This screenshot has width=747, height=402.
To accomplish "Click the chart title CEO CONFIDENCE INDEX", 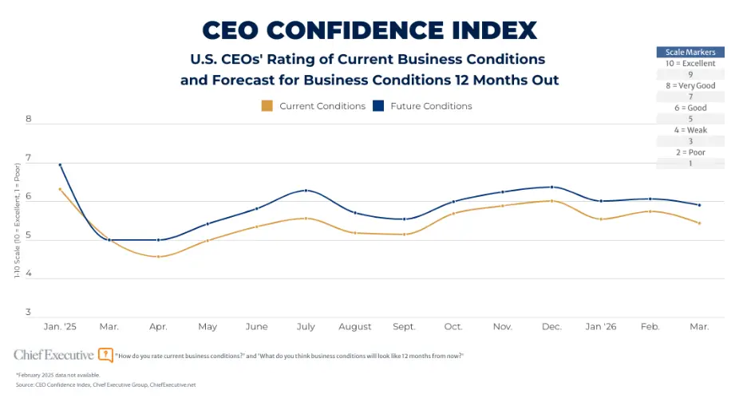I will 369,30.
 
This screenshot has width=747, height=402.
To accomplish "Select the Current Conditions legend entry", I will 313,106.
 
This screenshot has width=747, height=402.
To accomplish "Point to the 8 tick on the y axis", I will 28,120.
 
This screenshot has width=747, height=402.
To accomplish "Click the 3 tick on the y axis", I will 28,312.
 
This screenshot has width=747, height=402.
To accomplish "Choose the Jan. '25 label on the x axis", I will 61,326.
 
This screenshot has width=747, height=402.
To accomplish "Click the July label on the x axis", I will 306,326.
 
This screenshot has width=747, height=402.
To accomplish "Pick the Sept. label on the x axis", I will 405,326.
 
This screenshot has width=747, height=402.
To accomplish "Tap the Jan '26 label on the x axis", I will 601,326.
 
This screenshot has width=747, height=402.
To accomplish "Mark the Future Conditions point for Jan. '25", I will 61,165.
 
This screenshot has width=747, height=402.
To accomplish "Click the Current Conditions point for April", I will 158,257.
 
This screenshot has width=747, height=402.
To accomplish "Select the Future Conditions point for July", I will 306,191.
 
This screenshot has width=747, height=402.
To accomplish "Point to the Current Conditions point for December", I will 551,201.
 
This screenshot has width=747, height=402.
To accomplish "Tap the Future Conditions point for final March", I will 700,205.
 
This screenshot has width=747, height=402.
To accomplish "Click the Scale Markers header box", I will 690,52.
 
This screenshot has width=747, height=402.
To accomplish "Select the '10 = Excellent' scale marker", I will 690,63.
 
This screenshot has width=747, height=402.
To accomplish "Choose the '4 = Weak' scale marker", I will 690,130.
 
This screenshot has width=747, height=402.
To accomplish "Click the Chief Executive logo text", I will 53,354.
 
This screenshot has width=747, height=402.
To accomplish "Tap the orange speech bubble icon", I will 105,355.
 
